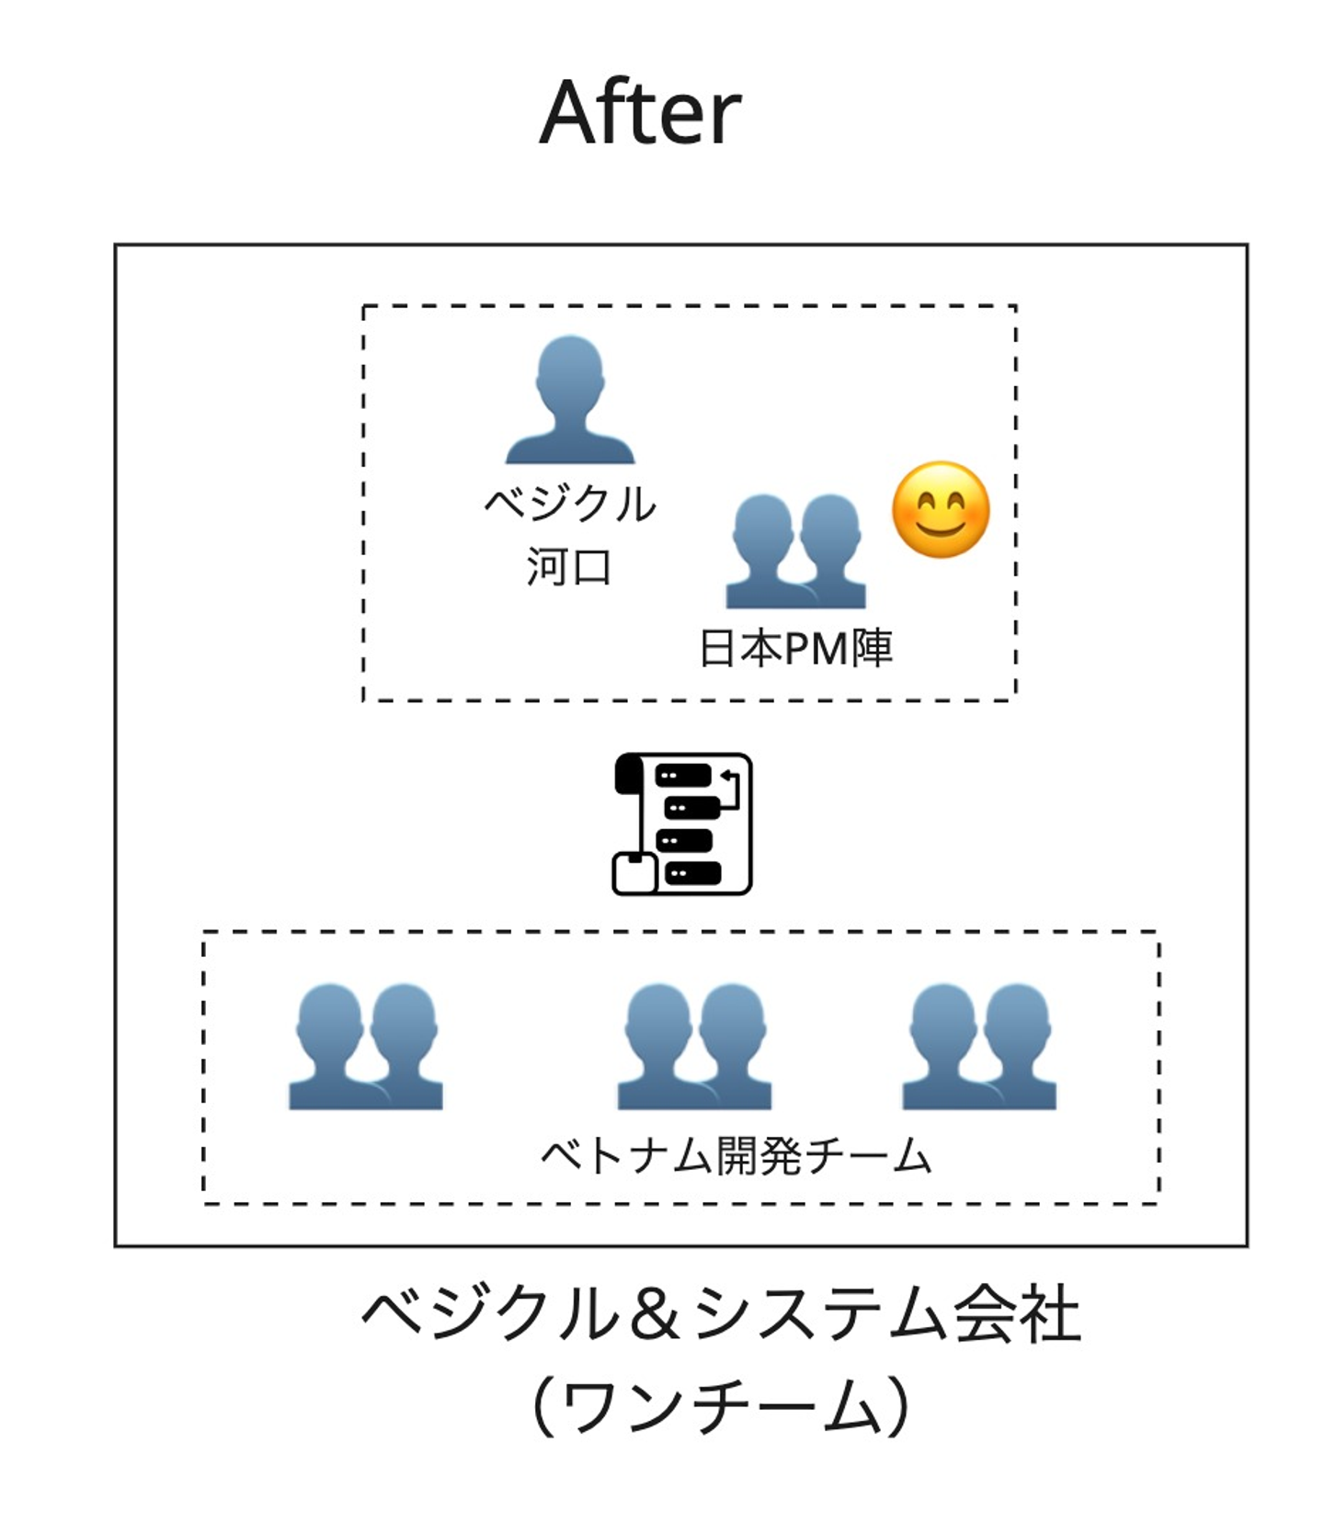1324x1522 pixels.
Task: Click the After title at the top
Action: [640, 112]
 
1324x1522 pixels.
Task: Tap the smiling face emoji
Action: [941, 510]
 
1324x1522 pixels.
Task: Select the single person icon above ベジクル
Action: [570, 399]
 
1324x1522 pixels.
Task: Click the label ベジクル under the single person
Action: [570, 504]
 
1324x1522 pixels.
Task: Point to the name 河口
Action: [569, 566]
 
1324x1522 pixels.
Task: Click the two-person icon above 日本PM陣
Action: [796, 551]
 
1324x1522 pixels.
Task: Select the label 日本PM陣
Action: [795, 648]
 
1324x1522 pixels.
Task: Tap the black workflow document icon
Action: [682, 823]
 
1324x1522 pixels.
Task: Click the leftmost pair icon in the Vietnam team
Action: [366, 1047]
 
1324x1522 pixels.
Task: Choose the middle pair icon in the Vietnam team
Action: [694, 1047]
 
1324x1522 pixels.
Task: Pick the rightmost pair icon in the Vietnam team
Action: [979, 1047]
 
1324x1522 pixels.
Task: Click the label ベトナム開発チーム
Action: [736, 1155]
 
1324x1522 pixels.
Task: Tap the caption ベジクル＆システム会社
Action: [721, 1315]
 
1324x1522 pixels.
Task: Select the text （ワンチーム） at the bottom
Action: [721, 1405]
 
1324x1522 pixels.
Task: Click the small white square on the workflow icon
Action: [634, 874]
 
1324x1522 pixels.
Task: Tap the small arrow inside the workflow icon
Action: [729, 789]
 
